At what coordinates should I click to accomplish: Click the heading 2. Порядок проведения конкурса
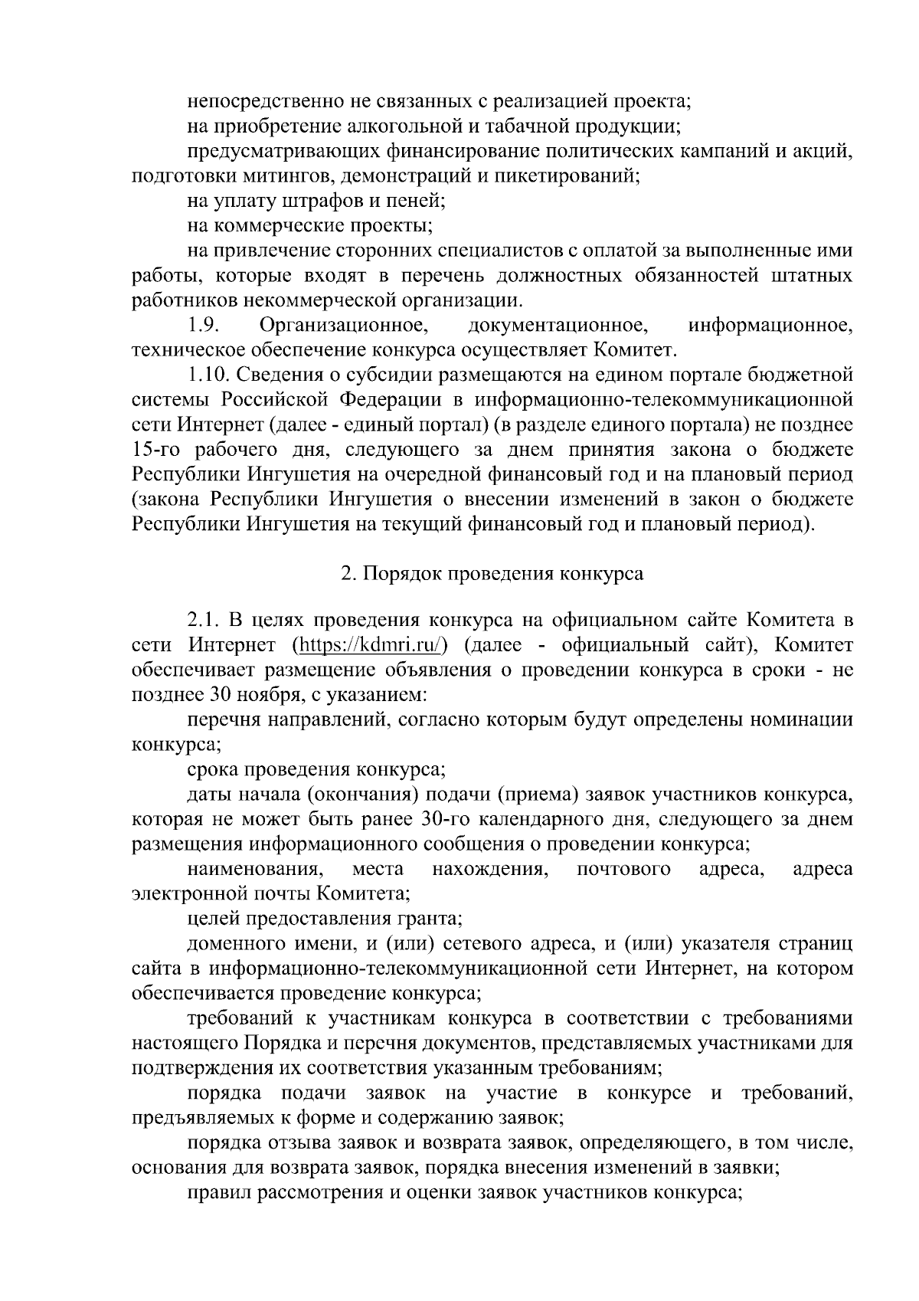point(492,574)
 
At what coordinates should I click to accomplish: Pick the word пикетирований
point(568,175)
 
